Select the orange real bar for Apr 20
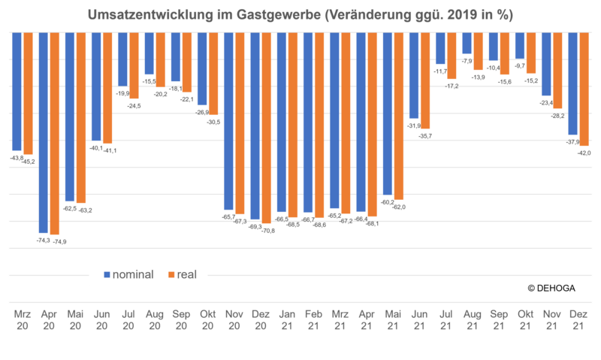[55, 135]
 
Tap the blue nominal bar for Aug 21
[467, 44]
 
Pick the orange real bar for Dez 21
[584, 89]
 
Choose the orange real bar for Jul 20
[134, 66]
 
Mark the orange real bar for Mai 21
[399, 116]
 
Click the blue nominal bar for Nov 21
[546, 65]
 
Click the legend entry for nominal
[128, 275]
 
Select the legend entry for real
[181, 275]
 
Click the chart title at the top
[300, 14]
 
